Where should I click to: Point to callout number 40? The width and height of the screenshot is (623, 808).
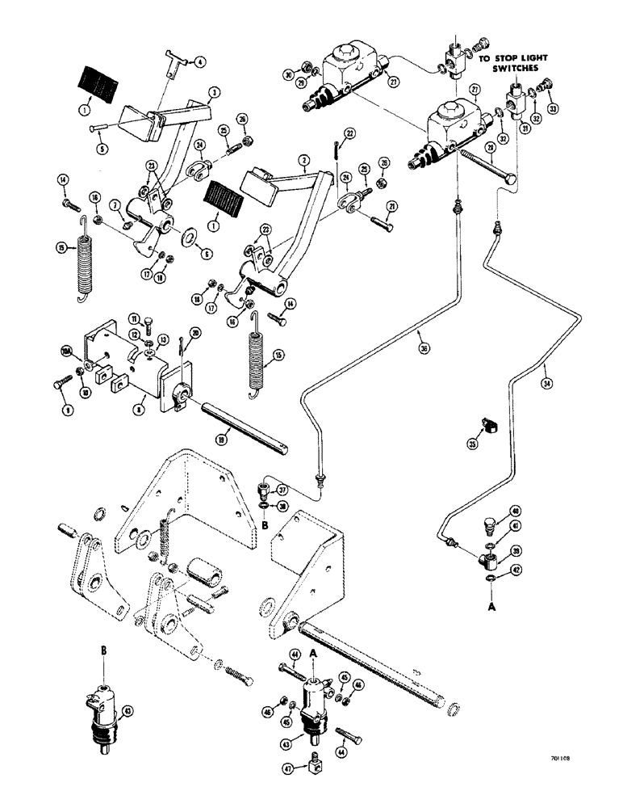click(514, 511)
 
